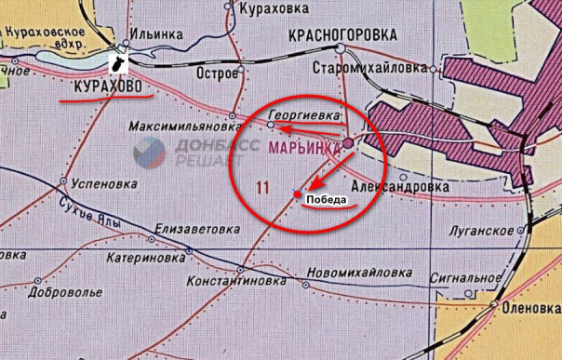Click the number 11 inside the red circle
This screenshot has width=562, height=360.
coord(262,188)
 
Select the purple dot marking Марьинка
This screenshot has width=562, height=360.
coord(347,143)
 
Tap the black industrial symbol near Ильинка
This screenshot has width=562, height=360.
coord(118,62)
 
